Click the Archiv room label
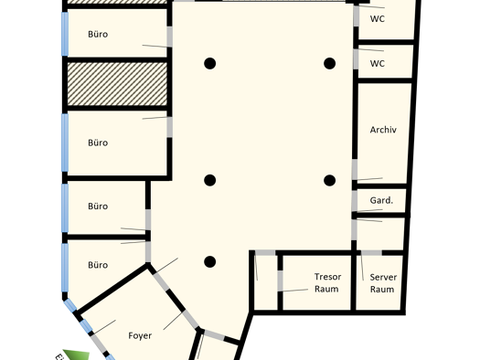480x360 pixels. pos(383,130)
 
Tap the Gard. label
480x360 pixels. pos(381,200)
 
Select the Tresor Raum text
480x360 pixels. pos(327,282)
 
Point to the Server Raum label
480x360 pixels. pos(383,283)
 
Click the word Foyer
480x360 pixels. pos(140,335)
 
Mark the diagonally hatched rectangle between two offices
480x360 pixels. pos(117,84)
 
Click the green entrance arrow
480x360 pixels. pos(77,355)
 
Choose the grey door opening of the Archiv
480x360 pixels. pos(355,169)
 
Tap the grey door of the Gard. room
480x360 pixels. pos(355,201)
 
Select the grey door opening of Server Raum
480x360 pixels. pos(371,253)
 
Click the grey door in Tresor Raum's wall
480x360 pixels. pos(280,281)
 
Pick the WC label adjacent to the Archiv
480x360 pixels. pos(377,64)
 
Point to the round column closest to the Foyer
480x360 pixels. pos(209,262)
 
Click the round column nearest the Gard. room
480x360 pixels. pos(329,181)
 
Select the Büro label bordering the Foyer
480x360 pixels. pos(98,265)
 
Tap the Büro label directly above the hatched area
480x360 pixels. pos(98,34)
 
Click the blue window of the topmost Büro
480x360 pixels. pos(65,34)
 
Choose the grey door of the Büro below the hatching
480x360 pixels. pos(169,127)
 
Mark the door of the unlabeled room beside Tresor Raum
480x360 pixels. pos(265,253)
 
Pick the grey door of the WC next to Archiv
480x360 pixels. pos(356,59)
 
